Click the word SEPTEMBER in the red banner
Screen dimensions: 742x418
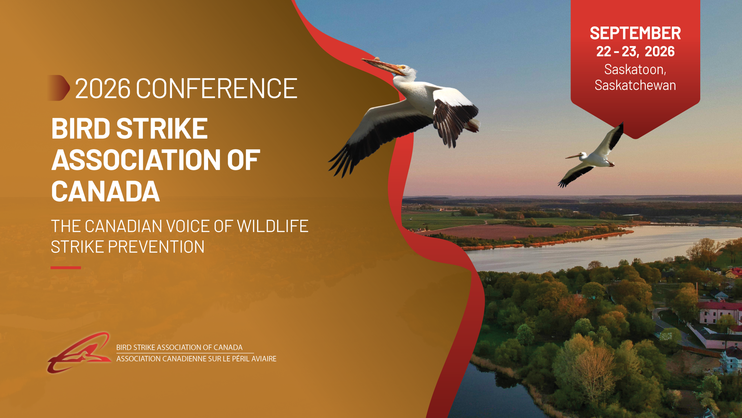tap(635, 33)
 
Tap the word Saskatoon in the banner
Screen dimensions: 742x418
tap(633, 69)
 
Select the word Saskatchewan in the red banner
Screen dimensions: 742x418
tap(635, 85)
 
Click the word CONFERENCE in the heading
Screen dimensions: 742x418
tap(217, 88)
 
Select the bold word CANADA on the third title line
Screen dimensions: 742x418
tap(106, 191)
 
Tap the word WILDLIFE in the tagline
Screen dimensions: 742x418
tap(272, 226)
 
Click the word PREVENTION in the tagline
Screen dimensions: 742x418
tap(156, 247)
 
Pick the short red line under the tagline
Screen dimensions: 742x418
tap(66, 268)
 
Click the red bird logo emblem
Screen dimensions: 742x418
tap(79, 352)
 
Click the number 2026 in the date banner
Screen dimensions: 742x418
tap(660, 51)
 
